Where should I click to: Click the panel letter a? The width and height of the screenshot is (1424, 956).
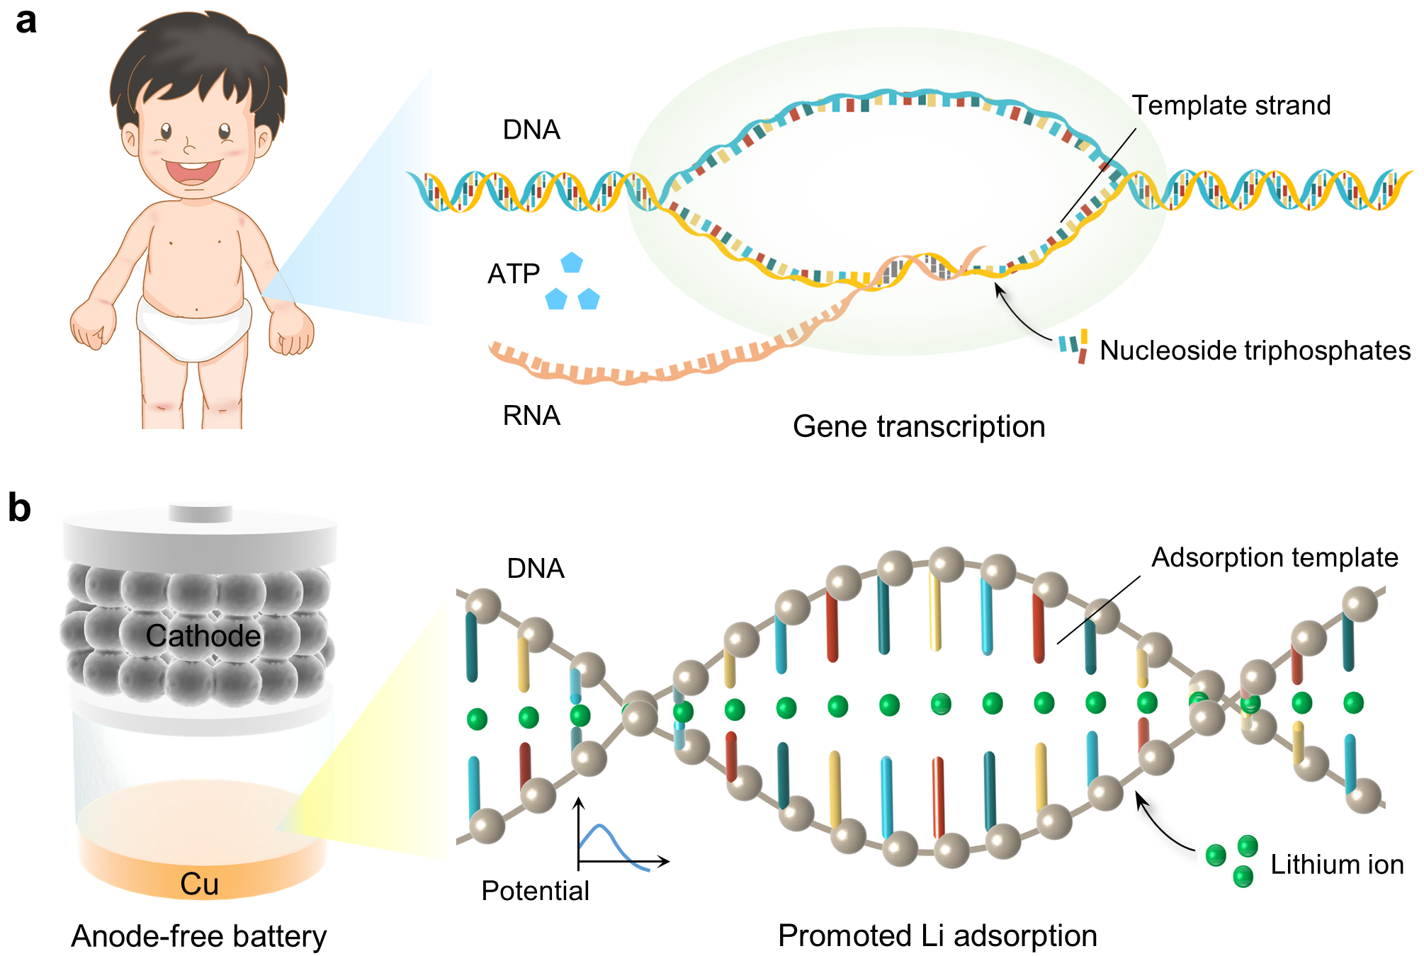coord(26,21)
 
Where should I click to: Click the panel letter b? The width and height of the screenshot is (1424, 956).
coord(20,508)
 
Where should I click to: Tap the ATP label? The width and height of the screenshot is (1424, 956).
coord(514,274)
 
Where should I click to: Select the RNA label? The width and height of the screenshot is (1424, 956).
coord(531,416)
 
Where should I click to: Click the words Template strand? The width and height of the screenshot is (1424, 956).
coord(1231,106)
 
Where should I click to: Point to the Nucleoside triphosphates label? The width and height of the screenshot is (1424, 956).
coord(1255,351)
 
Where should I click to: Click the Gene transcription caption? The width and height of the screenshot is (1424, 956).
coord(919,427)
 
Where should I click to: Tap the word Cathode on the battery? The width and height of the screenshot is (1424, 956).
coord(203,636)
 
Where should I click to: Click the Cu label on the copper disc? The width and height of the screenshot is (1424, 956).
coord(199,884)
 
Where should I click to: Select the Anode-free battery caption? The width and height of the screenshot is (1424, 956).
coord(199,936)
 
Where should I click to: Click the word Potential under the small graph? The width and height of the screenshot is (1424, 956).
coord(535,891)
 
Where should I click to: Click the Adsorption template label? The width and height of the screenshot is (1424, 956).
coord(1275,557)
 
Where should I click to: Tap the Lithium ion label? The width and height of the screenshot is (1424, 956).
coord(1337,865)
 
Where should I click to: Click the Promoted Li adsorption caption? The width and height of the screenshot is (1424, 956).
coord(937,936)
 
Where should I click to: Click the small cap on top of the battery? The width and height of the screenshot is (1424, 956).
coord(200,513)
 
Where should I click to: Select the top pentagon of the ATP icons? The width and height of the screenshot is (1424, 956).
coord(572,263)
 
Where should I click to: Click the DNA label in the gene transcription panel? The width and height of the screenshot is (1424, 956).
coord(531,130)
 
